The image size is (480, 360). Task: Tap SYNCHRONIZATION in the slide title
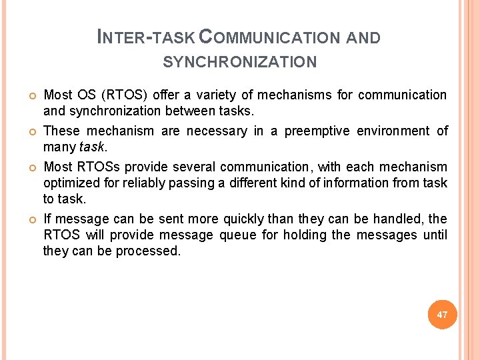coord(240,63)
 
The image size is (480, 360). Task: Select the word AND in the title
coord(363,37)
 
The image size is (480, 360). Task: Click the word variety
coord(231,95)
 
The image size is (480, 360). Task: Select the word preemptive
coord(317,131)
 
